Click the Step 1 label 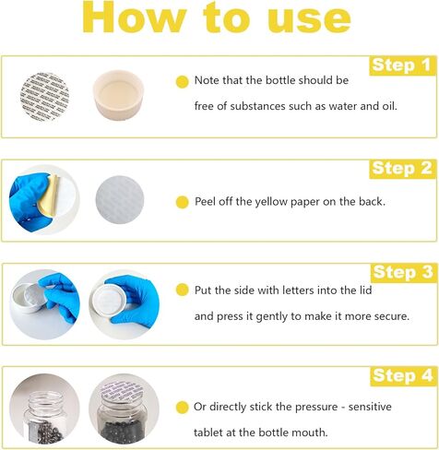click(400, 65)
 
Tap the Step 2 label click(400, 168)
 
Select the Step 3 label click(400, 272)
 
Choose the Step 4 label click(400, 375)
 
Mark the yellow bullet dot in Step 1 click(182, 82)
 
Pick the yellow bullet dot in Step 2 click(182, 202)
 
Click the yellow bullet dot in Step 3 click(182, 290)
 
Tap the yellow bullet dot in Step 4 click(182, 407)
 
